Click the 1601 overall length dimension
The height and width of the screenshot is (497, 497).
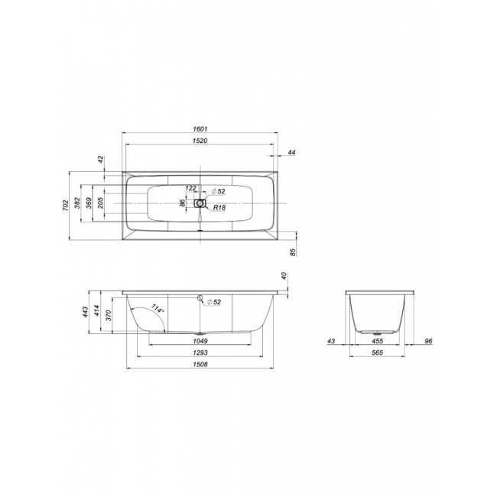pos(200,129)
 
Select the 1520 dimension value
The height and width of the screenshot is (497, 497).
pos(200,141)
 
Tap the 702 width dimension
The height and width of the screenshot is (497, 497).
pos(65,206)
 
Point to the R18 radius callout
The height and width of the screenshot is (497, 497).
pos(219,208)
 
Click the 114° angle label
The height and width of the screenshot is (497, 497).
pos(158,308)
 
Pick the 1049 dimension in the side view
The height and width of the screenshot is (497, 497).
pos(200,341)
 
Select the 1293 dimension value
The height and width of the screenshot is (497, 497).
pos(200,352)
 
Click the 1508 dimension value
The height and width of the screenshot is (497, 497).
pos(200,364)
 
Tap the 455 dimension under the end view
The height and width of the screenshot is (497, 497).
pos(377,341)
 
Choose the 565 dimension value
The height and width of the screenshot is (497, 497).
pos(377,352)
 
